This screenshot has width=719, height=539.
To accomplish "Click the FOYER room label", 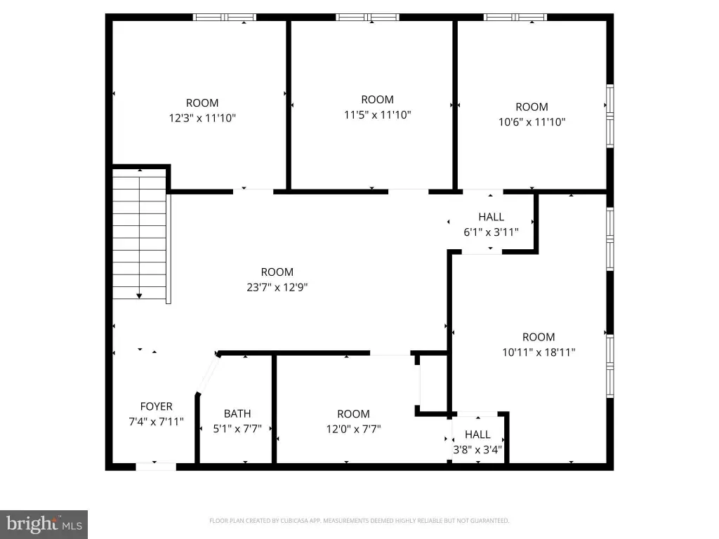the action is tap(157, 406).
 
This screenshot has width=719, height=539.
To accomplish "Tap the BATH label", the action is tap(237, 413).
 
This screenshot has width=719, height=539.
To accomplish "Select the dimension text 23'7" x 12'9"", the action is tap(277, 287).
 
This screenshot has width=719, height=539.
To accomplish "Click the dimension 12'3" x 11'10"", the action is tap(202, 118).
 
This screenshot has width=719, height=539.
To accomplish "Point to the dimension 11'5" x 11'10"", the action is tap(377, 114).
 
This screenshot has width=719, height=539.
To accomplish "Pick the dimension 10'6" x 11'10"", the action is tap(532, 122).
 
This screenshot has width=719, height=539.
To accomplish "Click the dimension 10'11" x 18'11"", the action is tap(539, 352).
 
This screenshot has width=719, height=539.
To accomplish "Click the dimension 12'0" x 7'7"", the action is tap(354, 429).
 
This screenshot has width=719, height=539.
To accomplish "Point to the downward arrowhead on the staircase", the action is tap(140, 296).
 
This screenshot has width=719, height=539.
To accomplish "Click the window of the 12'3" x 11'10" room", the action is tap(224, 18).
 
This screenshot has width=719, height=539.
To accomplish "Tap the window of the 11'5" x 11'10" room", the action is tap(367, 18).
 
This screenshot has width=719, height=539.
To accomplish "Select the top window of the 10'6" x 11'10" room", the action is tap(515, 18).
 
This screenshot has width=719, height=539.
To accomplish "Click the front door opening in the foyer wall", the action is tap(156, 467).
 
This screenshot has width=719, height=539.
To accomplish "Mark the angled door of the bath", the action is tap(208, 374).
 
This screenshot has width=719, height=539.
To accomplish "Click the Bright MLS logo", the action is tap(44, 524).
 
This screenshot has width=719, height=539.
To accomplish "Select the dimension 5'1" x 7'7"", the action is tap(237, 429).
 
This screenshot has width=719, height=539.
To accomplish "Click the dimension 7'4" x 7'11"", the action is tap(157, 421).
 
